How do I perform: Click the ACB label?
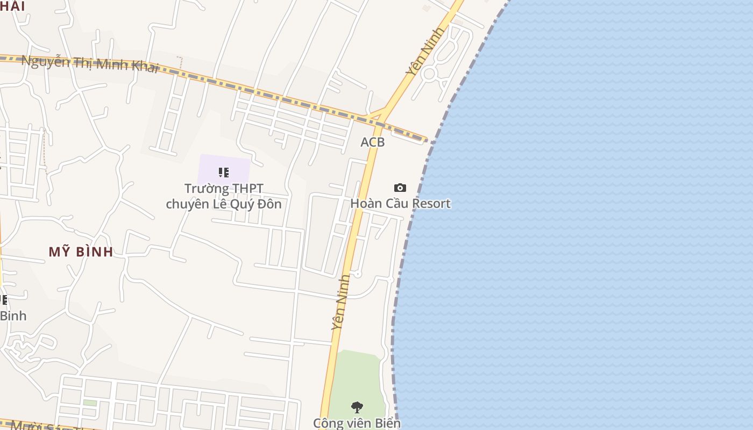tap(373, 142)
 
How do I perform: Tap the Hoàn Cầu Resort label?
tap(400, 203)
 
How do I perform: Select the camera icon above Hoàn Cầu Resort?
tap(400, 188)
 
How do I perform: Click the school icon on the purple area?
tap(224, 173)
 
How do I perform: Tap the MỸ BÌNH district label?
tap(81, 252)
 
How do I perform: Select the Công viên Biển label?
tap(357, 423)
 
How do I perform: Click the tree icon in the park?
tap(357, 407)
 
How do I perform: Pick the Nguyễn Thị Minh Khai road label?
tap(90, 63)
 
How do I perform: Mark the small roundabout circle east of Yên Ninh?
tap(429, 74)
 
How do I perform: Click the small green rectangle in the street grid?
tap(90, 403)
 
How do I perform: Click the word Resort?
tap(432, 203)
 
